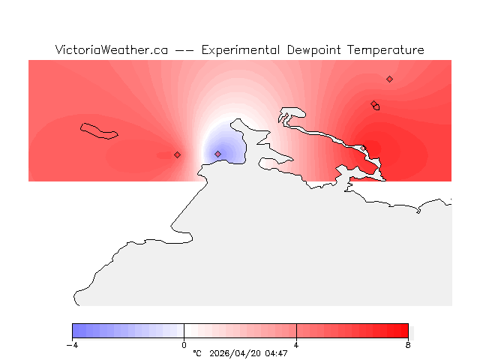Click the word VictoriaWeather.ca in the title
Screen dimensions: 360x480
click(111, 50)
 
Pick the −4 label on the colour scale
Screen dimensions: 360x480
click(72, 345)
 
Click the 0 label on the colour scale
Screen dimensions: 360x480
click(184, 345)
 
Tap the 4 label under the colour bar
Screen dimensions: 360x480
click(296, 345)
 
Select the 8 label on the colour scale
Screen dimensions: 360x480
click(408, 345)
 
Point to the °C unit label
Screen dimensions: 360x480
click(197, 353)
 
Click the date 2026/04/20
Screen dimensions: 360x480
click(235, 353)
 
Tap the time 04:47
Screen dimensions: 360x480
click(276, 353)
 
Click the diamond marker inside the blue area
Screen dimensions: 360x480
click(218, 154)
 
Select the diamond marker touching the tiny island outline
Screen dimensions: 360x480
click(373, 104)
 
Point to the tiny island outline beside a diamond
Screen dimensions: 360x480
click(376, 107)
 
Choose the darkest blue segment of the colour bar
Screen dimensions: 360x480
click(76, 331)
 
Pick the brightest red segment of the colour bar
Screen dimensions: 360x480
click(404, 331)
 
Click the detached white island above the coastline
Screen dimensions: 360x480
click(292, 114)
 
